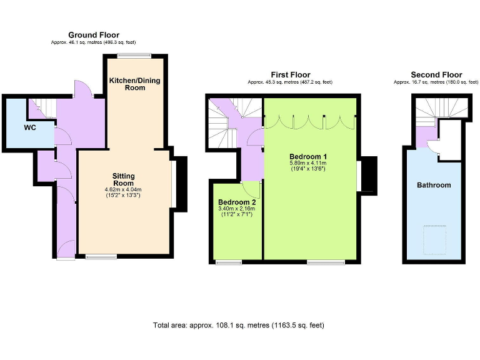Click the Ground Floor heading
pos(94,35)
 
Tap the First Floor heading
pos(290,75)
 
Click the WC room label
pos(29,128)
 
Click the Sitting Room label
pos(123,180)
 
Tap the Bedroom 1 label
pos(308,156)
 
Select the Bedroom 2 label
pos(237,202)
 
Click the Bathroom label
pos(434,185)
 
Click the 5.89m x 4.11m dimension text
pos(308,163)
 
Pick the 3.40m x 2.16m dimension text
pos(237,210)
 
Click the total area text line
pos(239,326)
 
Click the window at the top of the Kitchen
pos(136,56)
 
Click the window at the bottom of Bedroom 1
pos(325,262)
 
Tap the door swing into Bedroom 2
pos(251,189)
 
